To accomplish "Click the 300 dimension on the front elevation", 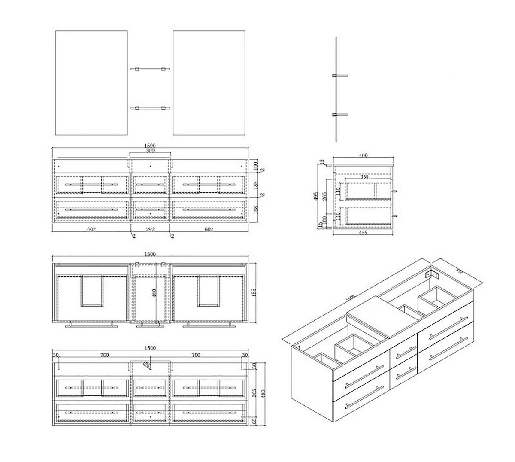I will (x=150, y=151).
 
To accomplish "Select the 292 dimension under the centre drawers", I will (x=150, y=230).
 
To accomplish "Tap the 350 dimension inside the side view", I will (x=364, y=176).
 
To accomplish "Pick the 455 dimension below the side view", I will (x=363, y=234).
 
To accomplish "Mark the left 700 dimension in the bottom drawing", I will (x=104, y=355).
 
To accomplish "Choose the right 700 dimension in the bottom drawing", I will (x=196, y=355).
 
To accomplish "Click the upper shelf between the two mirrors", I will (x=150, y=68).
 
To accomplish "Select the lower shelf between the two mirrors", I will (x=150, y=108).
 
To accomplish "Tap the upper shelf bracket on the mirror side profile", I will (x=339, y=76).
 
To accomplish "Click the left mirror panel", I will (x=92, y=82).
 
